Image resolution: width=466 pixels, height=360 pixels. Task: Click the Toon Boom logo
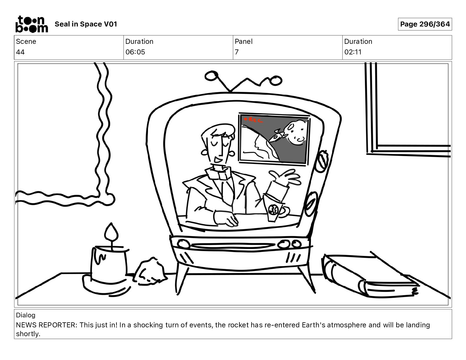tap(32, 24)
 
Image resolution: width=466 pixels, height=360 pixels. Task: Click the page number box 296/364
tap(425, 24)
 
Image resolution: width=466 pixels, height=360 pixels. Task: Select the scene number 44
tap(20, 52)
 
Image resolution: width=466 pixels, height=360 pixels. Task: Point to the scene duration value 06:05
tap(135, 52)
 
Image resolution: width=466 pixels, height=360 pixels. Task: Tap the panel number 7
tap(237, 52)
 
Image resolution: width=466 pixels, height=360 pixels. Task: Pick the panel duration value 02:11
tap(353, 52)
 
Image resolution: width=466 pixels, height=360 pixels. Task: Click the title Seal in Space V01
tap(86, 24)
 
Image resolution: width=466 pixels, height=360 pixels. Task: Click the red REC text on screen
tap(254, 120)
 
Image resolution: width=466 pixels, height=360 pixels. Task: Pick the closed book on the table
tap(370, 276)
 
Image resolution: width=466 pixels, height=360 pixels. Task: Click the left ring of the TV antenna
tap(212, 76)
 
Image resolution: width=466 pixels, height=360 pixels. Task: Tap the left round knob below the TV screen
tap(183, 244)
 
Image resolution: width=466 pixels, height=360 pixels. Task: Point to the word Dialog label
tap(26, 315)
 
